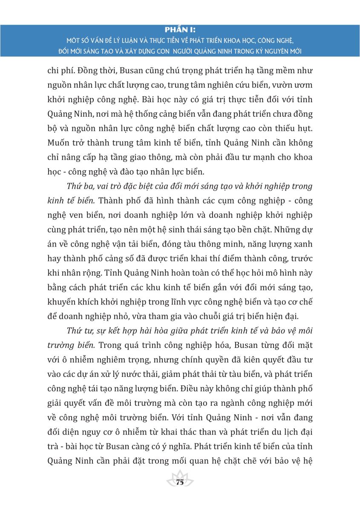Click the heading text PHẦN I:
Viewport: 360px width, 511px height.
[179, 30]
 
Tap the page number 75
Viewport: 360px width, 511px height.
[179, 482]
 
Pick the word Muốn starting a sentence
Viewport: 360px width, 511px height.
[57, 143]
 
